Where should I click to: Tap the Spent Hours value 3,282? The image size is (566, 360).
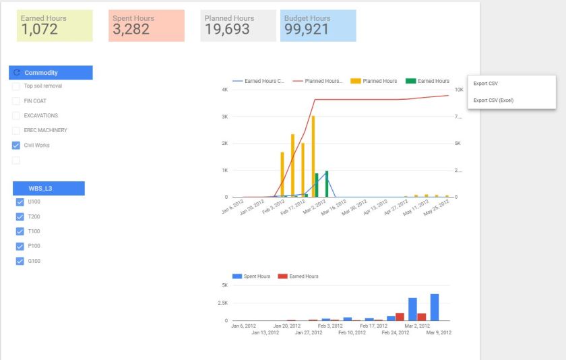click(x=131, y=29)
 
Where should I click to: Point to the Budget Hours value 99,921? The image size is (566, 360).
click(x=307, y=29)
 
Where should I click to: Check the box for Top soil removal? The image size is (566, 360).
click(x=16, y=86)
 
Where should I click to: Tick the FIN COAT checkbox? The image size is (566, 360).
click(x=16, y=101)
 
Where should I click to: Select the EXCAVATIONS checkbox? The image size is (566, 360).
click(x=16, y=116)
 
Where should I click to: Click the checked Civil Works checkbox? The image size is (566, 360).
click(x=16, y=145)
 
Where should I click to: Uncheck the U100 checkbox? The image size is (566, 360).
click(x=20, y=202)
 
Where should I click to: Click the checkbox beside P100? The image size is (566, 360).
click(x=20, y=246)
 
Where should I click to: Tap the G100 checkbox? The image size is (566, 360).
click(x=20, y=261)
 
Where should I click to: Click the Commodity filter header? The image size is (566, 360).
click(x=51, y=73)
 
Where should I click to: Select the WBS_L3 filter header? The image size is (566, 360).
click(x=49, y=189)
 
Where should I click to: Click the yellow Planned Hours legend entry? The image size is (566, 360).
click(x=374, y=81)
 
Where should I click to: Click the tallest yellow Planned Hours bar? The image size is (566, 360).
click(x=313, y=156)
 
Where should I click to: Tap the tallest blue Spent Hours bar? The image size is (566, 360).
click(x=435, y=307)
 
